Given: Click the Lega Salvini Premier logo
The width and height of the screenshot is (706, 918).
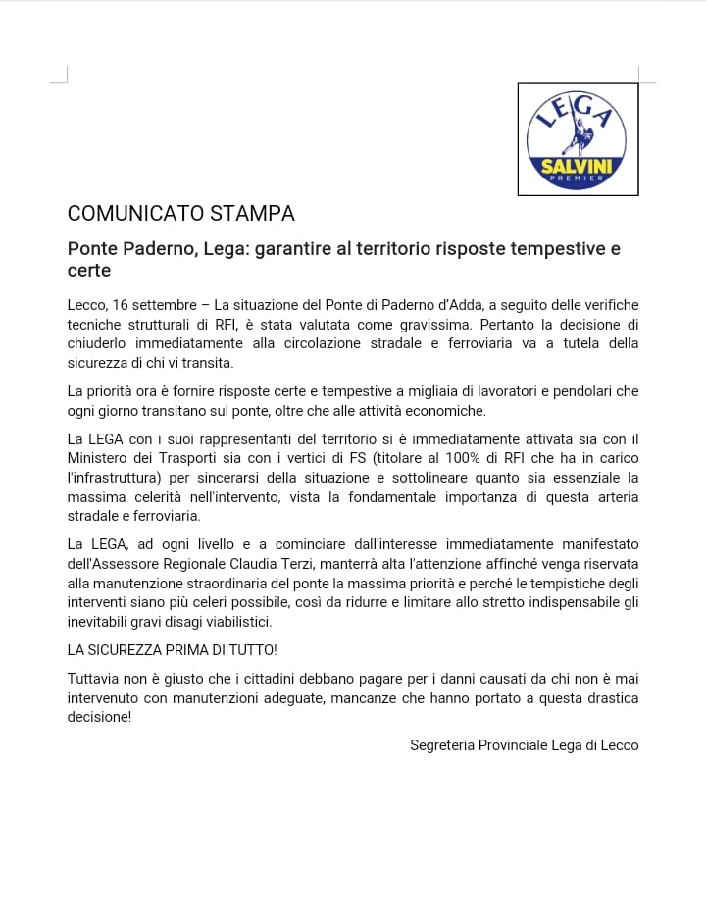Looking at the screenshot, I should click(x=578, y=139).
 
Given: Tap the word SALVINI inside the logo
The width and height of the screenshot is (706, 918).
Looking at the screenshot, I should click(x=578, y=167).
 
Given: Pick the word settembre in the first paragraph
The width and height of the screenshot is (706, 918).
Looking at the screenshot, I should click(x=167, y=305).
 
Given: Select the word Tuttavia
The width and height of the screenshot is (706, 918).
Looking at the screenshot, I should click(x=94, y=679).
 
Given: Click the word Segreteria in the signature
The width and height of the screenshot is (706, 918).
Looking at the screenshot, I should click(x=441, y=745).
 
